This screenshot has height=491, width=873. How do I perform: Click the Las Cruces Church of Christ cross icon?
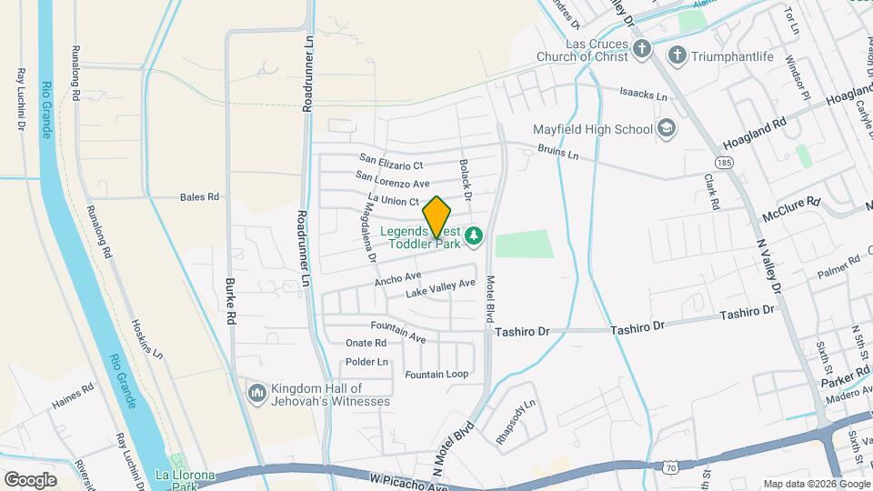coord(642,49)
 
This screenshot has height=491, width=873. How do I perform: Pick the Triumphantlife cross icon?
coord(677,56)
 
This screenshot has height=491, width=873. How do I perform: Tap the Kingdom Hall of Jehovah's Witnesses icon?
coord(256,393)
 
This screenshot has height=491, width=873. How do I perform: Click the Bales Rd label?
coord(200,196)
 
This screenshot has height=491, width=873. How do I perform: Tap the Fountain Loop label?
coord(436,375)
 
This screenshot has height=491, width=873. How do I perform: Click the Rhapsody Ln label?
coord(517,410)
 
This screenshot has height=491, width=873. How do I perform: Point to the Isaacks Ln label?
coord(643,95)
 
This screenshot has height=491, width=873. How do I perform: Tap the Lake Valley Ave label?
coord(440,289)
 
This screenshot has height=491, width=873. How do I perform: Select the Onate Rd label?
coord(366,343)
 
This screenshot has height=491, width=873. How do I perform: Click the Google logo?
coord(31,479)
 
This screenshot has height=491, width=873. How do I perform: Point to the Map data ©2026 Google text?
coord(815,484)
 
